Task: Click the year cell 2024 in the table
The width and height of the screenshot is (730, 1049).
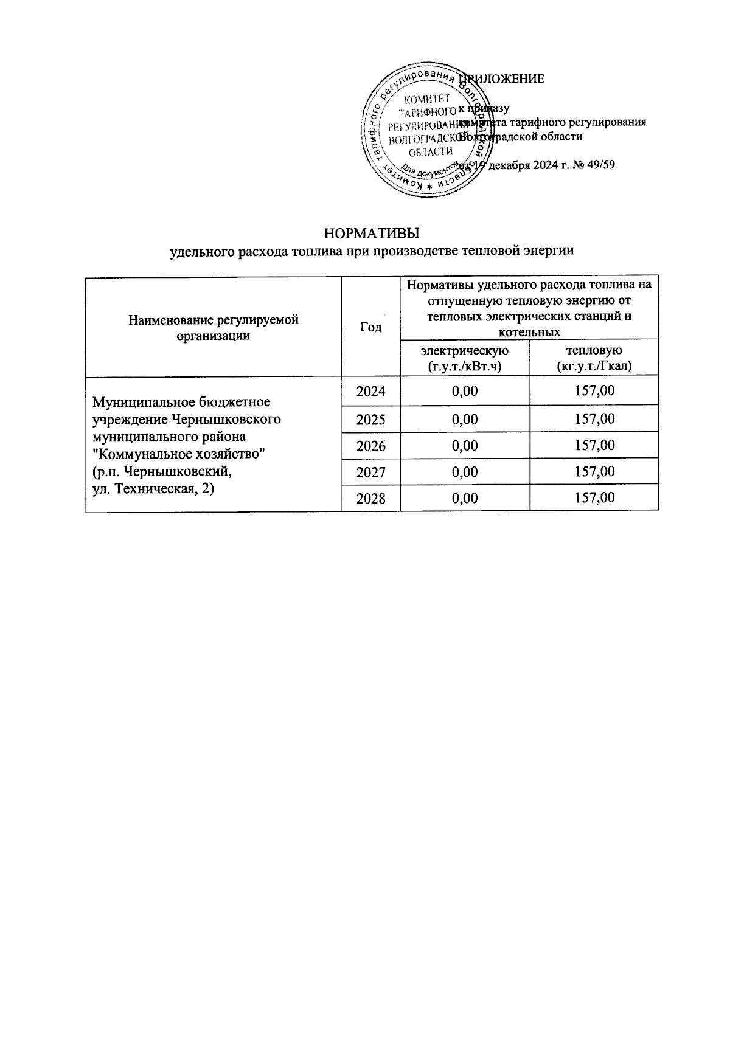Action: [x=370, y=391]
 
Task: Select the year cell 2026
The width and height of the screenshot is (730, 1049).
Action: [x=370, y=446]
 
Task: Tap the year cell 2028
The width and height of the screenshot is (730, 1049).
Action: [x=370, y=499]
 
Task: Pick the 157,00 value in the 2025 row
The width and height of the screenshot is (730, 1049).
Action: [x=594, y=419]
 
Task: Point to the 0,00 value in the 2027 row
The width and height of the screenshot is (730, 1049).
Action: [x=465, y=472]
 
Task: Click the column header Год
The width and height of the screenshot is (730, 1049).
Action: [x=370, y=327]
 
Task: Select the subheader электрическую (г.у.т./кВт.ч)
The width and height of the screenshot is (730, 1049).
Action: [x=465, y=358]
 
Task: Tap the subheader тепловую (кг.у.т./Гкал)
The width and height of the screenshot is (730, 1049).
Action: [x=594, y=358]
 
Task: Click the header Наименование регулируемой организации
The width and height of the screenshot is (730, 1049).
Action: [x=213, y=327]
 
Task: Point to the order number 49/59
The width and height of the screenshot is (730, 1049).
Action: [x=599, y=164]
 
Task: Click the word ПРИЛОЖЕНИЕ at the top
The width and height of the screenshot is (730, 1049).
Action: [x=502, y=78]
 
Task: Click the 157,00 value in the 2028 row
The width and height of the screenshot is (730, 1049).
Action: [x=594, y=499]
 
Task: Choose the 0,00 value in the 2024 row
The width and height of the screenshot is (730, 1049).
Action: [x=465, y=391]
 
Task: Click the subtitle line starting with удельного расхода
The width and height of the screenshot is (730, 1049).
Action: [x=372, y=250]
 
